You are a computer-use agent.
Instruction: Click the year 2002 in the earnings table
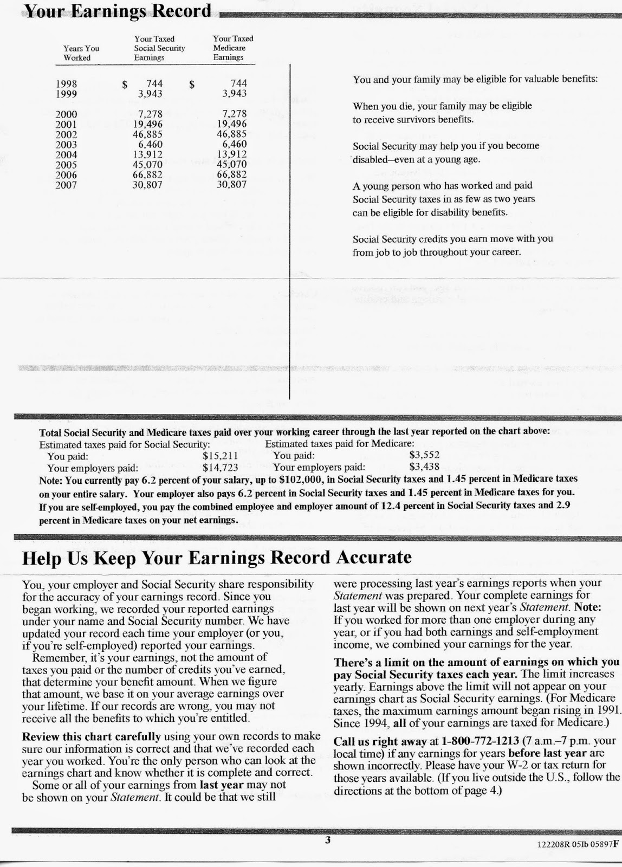[x=66, y=134]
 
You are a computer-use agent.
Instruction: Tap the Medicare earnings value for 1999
[x=234, y=94]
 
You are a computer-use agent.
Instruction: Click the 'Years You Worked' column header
[x=81, y=53]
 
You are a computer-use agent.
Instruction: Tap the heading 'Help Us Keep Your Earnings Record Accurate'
[x=217, y=558]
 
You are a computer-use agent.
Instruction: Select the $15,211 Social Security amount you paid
[x=220, y=456]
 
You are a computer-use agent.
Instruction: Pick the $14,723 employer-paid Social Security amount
[x=220, y=467]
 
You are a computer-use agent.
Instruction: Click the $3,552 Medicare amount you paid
[x=424, y=455]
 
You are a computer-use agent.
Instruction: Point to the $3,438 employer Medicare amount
[x=424, y=466]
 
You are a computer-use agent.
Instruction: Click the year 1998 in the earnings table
[x=66, y=84]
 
